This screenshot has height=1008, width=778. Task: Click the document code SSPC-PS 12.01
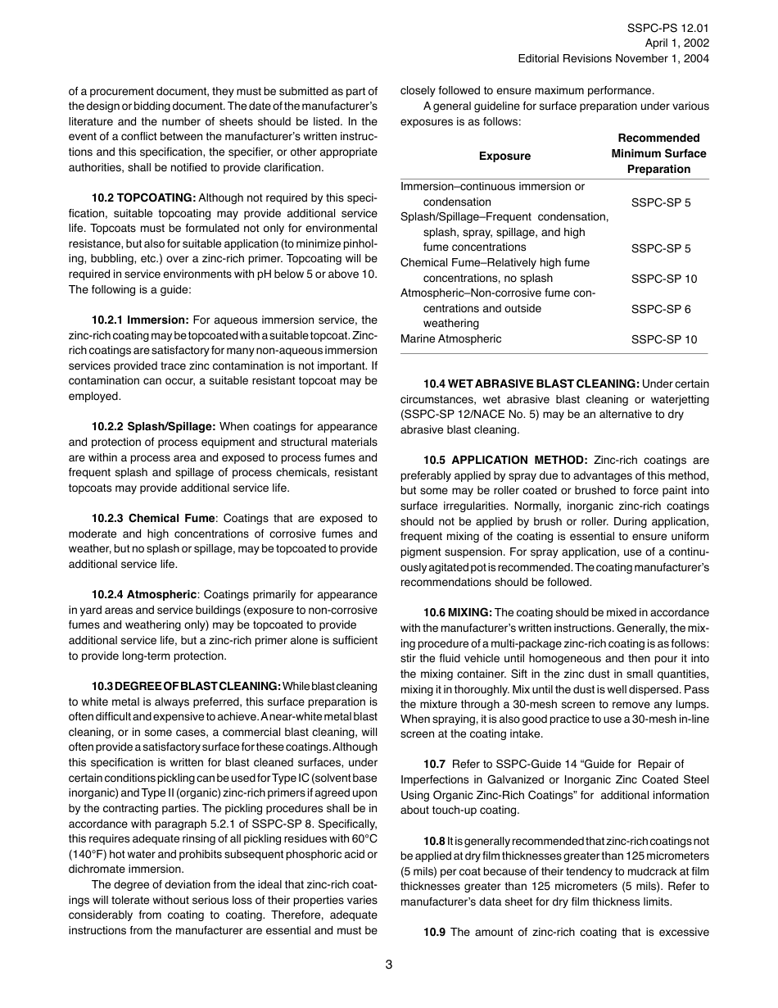[668, 28]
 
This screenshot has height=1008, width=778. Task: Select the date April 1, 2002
[677, 43]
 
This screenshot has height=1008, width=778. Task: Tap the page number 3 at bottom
[389, 965]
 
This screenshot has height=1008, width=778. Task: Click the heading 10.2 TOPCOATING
[143, 198]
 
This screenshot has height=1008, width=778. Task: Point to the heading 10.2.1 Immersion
[140, 320]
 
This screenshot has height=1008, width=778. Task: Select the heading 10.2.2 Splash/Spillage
[153, 427]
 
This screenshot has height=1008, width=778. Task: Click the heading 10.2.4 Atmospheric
[144, 594]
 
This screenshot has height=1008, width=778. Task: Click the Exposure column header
[504, 156]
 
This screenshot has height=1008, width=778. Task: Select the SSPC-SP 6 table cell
[661, 309]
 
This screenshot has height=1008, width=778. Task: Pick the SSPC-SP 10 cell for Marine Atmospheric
[664, 339]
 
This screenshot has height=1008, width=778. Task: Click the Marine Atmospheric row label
[451, 339]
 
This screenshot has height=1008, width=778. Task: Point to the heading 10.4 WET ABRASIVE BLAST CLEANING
[531, 384]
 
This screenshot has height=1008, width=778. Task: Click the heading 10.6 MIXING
[457, 612]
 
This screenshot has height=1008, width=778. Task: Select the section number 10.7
[434, 765]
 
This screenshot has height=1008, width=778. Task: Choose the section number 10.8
[434, 842]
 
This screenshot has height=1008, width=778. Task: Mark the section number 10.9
[434, 933]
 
